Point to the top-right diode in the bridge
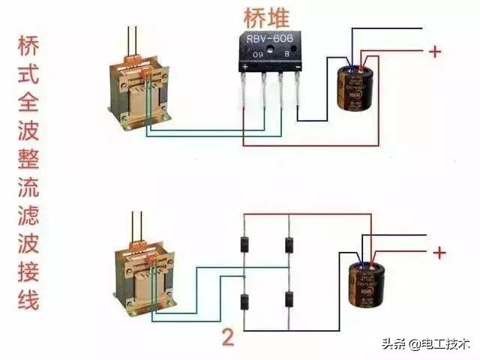point(289,244)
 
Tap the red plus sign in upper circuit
point(433,52)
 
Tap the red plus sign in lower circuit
point(438,253)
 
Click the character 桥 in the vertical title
point(28,46)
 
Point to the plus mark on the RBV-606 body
point(245,66)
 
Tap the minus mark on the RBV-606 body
point(297,66)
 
